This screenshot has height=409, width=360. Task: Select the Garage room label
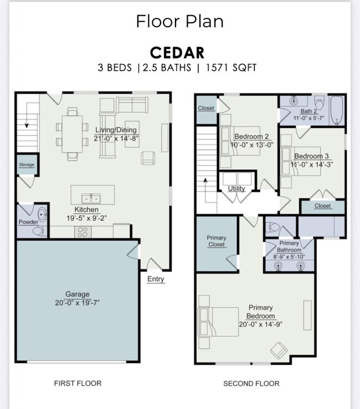coord(77,294)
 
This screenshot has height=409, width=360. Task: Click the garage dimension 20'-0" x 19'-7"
coord(77,303)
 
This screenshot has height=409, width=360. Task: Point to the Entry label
coord(156,279)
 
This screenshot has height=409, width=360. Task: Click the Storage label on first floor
coord(26,165)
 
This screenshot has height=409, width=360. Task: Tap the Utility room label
coord(236,189)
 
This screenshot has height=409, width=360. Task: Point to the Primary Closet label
coord(217,241)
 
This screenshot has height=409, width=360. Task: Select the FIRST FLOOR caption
coord(78,383)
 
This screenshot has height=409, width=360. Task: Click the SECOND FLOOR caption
coord(251,383)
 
